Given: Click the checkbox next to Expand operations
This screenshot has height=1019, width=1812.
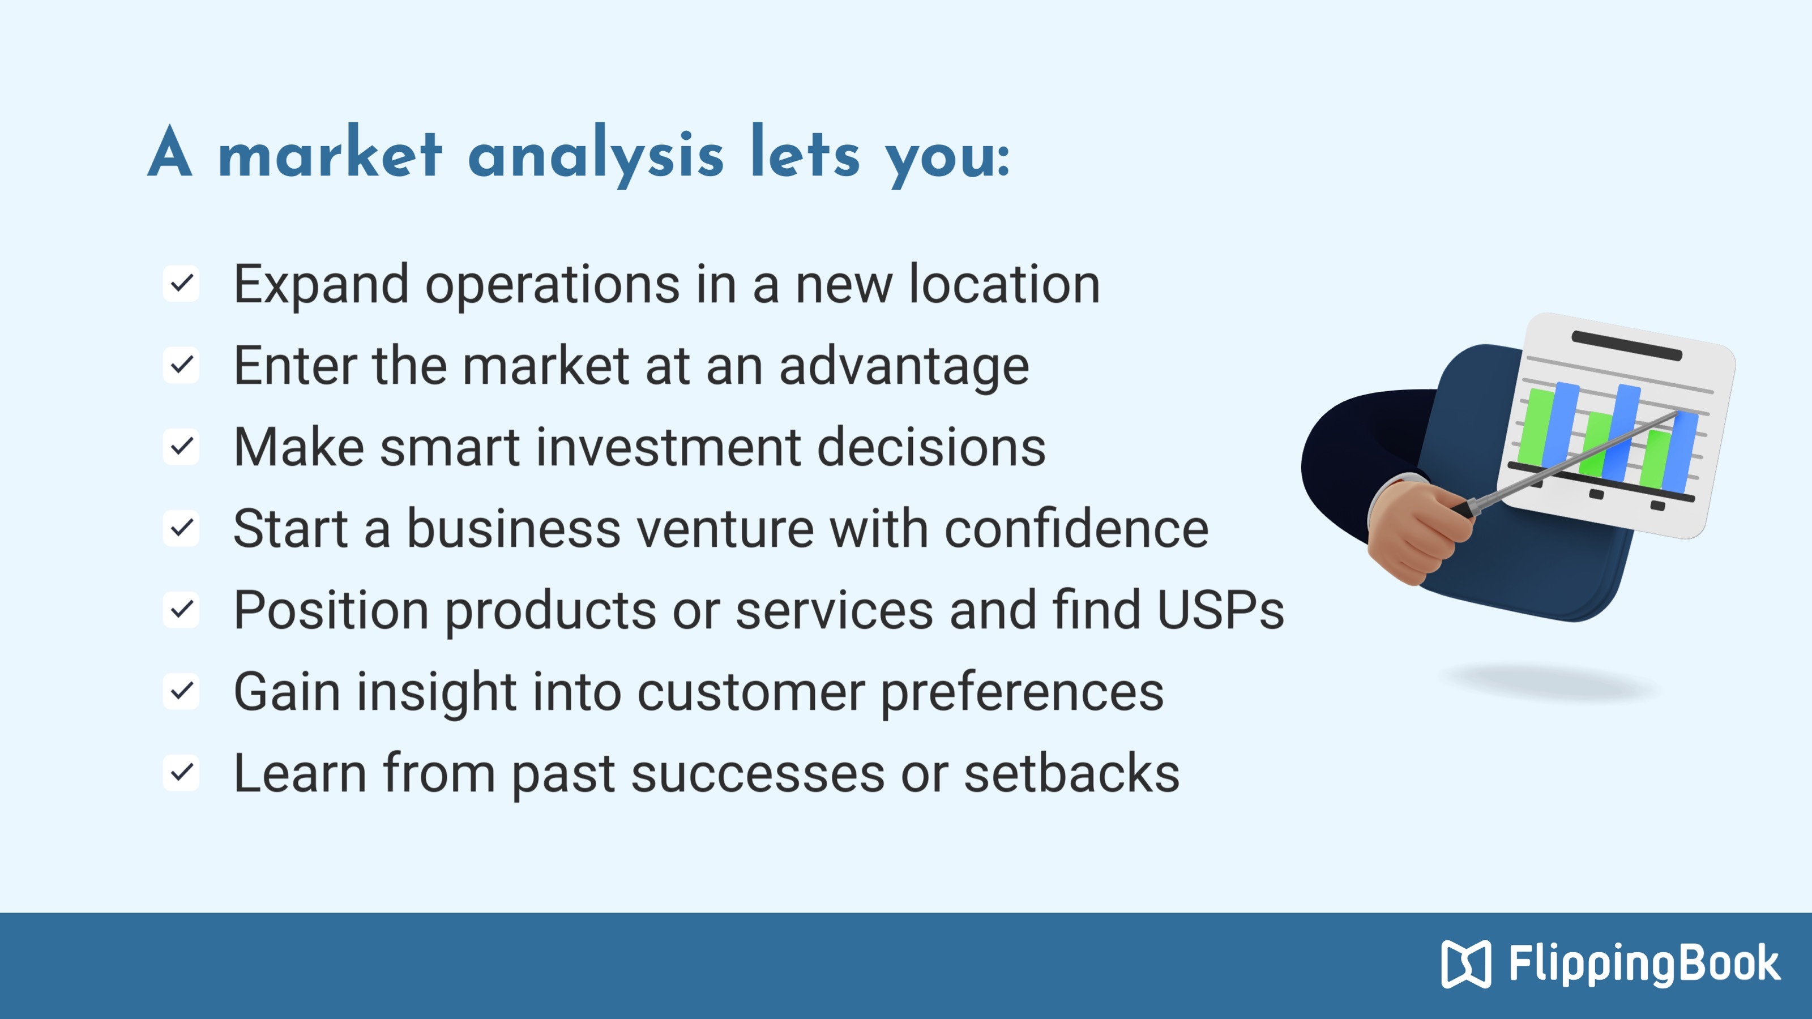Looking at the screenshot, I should click(181, 284).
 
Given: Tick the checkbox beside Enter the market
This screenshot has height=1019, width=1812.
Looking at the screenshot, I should click(181, 365).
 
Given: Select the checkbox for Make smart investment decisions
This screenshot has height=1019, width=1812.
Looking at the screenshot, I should click(181, 447).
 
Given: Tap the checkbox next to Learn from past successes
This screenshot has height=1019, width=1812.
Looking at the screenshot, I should click(181, 772).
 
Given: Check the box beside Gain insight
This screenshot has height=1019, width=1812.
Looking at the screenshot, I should click(181, 691).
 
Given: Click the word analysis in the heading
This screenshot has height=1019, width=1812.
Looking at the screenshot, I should click(595, 156).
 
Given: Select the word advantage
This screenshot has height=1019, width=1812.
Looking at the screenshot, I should click(904, 367).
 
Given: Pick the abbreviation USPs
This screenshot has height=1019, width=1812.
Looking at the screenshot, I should click(1220, 610).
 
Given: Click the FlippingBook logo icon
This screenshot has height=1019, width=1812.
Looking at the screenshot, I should click(1466, 964).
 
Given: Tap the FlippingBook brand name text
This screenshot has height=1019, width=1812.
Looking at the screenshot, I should click(1644, 964).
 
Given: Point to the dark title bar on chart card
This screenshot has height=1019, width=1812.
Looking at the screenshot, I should click(1626, 345).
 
